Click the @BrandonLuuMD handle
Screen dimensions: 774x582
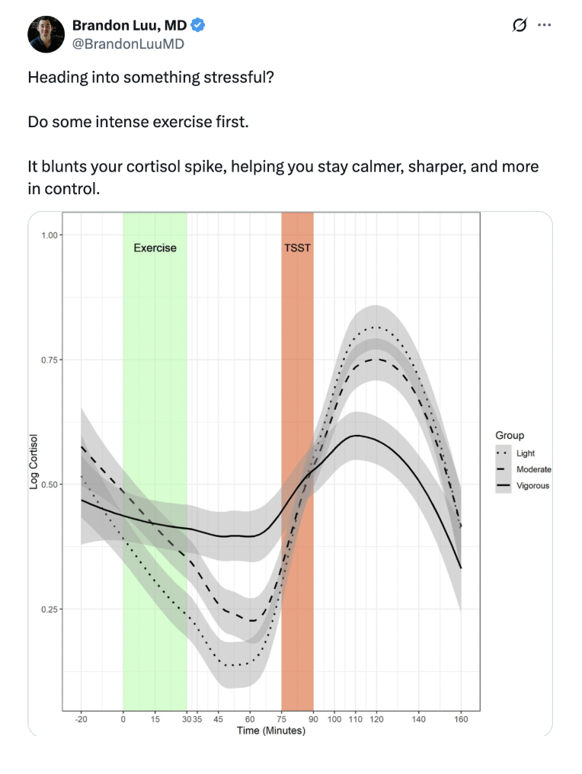(128, 44)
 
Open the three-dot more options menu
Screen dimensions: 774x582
(544, 25)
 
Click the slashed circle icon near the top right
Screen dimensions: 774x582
(520, 25)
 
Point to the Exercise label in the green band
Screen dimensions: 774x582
(155, 248)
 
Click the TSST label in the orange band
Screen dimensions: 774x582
(297, 248)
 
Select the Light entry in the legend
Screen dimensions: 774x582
(526, 453)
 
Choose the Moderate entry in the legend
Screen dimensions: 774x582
(533, 469)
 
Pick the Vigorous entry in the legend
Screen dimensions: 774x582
(532, 485)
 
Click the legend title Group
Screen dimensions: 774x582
(510, 436)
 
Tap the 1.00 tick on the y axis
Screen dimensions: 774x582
(50, 235)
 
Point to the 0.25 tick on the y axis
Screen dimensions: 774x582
(50, 609)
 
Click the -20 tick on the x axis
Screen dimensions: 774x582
(81, 719)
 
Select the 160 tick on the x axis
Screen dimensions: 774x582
(461, 719)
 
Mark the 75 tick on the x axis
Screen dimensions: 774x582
(282, 719)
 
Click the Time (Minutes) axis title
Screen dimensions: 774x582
(270, 731)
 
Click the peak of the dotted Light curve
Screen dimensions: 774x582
(375, 328)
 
